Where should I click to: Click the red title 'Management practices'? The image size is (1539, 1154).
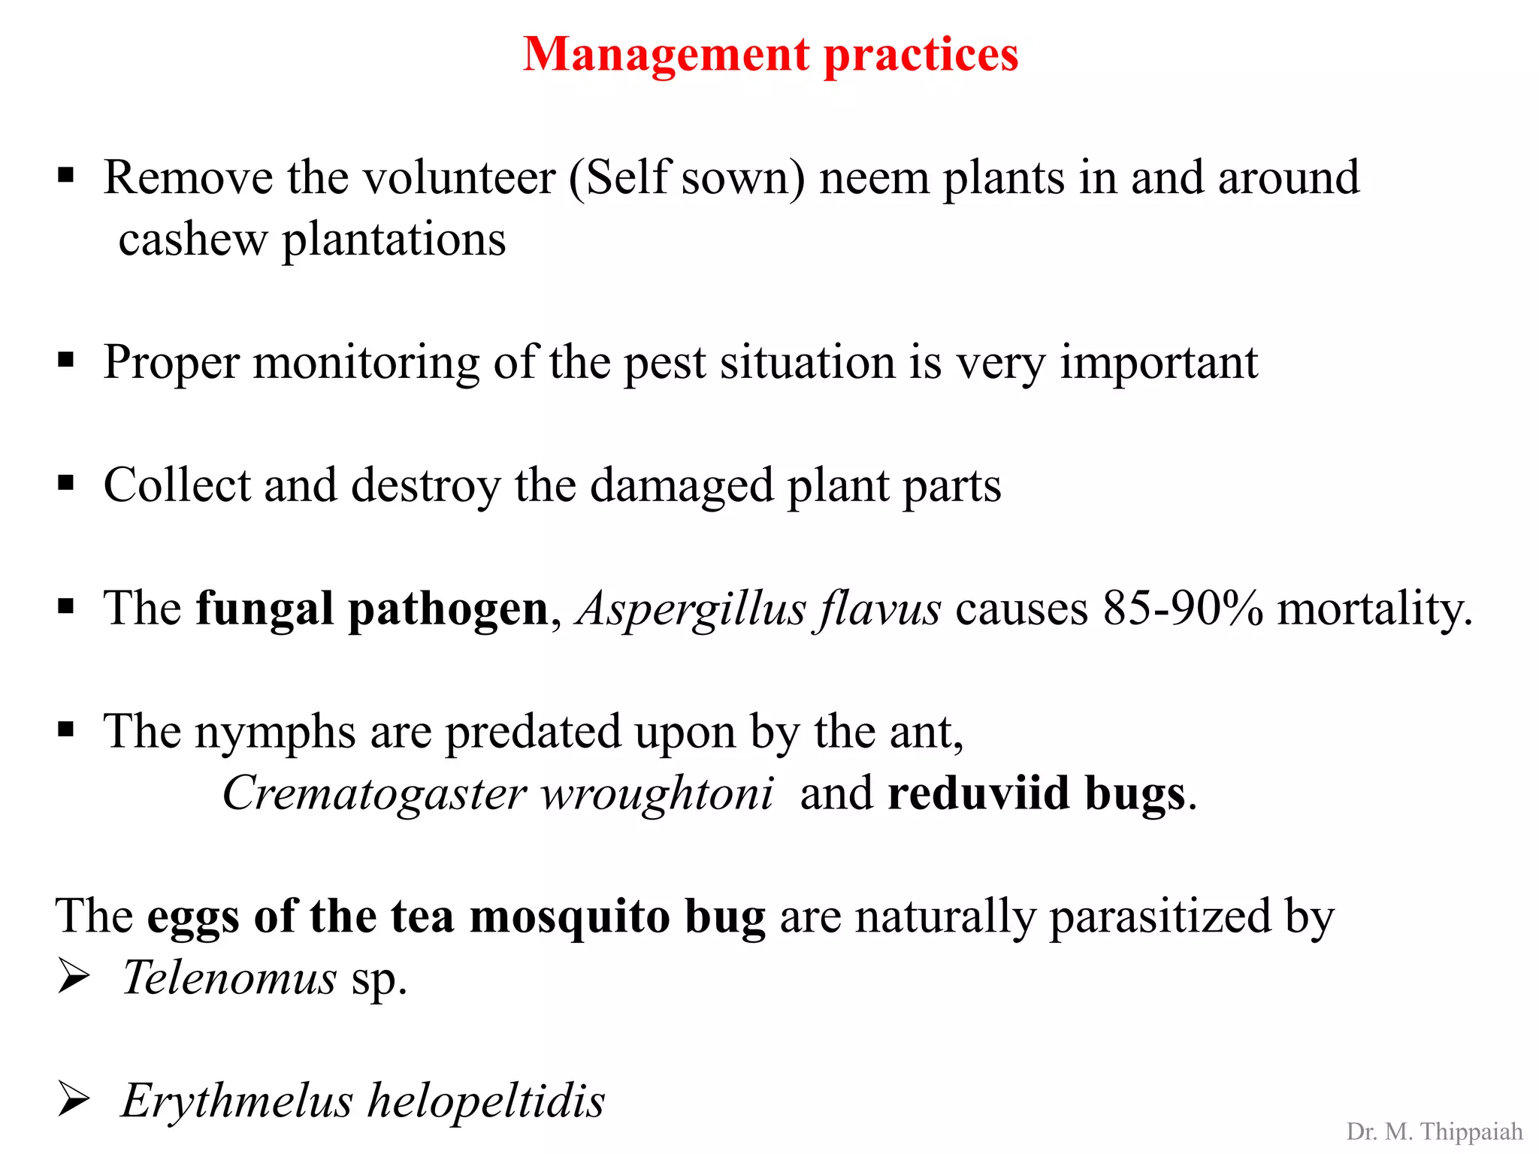coord(770,54)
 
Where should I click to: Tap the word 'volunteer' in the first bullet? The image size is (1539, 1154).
coord(460,179)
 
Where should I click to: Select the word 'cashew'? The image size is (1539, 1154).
coord(192,240)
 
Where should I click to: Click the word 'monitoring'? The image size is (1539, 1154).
coord(366,364)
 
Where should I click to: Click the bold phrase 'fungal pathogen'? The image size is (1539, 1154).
coord(372,609)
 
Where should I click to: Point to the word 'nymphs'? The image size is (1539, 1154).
coord(275,733)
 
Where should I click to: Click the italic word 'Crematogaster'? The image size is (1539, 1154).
coord(374,794)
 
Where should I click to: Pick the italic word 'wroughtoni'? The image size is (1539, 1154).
coord(657,794)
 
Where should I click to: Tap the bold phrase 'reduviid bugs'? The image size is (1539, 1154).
coord(1037,794)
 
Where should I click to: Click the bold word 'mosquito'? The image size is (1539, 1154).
coord(570,917)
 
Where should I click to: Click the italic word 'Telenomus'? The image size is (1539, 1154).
coord(229,978)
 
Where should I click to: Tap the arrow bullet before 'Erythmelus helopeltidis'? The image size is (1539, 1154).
coord(74,1100)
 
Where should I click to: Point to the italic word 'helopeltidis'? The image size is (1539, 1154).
coord(486,1101)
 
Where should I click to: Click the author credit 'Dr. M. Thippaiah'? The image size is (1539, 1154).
coord(1434,1131)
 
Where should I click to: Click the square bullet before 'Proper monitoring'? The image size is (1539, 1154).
coord(66,361)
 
